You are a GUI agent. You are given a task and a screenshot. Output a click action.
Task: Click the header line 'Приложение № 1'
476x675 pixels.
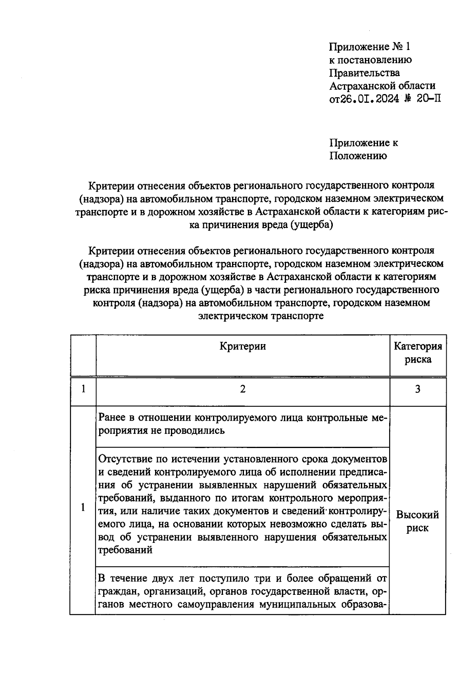point(370,47)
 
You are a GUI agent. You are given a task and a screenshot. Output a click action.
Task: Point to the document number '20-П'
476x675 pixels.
point(428,99)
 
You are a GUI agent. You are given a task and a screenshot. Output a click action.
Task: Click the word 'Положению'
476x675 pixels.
point(358,156)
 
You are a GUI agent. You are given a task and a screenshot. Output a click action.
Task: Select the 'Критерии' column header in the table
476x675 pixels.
point(242,346)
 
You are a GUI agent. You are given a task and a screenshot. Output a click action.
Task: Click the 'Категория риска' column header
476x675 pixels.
point(418,353)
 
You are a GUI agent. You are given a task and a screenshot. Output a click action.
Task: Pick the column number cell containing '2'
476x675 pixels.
point(242,389)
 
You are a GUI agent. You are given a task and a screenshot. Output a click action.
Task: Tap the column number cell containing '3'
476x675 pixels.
point(418,389)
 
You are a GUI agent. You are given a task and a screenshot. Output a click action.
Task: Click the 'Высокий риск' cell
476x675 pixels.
point(418,521)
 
